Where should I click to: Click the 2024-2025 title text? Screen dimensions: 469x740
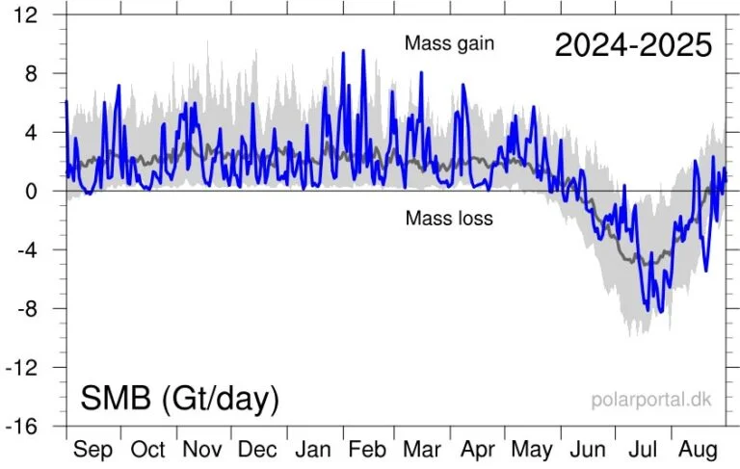tap(633, 43)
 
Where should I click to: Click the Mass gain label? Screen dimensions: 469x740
tap(448, 44)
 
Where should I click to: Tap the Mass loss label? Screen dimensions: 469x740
tap(449, 219)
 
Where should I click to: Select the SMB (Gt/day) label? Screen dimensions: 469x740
tap(179, 398)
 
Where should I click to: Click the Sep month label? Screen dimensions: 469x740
tap(92, 450)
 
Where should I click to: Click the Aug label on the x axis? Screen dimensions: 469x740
tap(698, 450)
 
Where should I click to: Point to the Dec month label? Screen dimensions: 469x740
tap(257, 450)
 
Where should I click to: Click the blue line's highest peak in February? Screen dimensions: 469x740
tap(363, 51)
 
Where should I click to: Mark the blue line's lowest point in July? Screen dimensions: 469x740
tap(661, 312)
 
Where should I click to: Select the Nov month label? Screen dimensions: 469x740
tap(202, 450)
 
